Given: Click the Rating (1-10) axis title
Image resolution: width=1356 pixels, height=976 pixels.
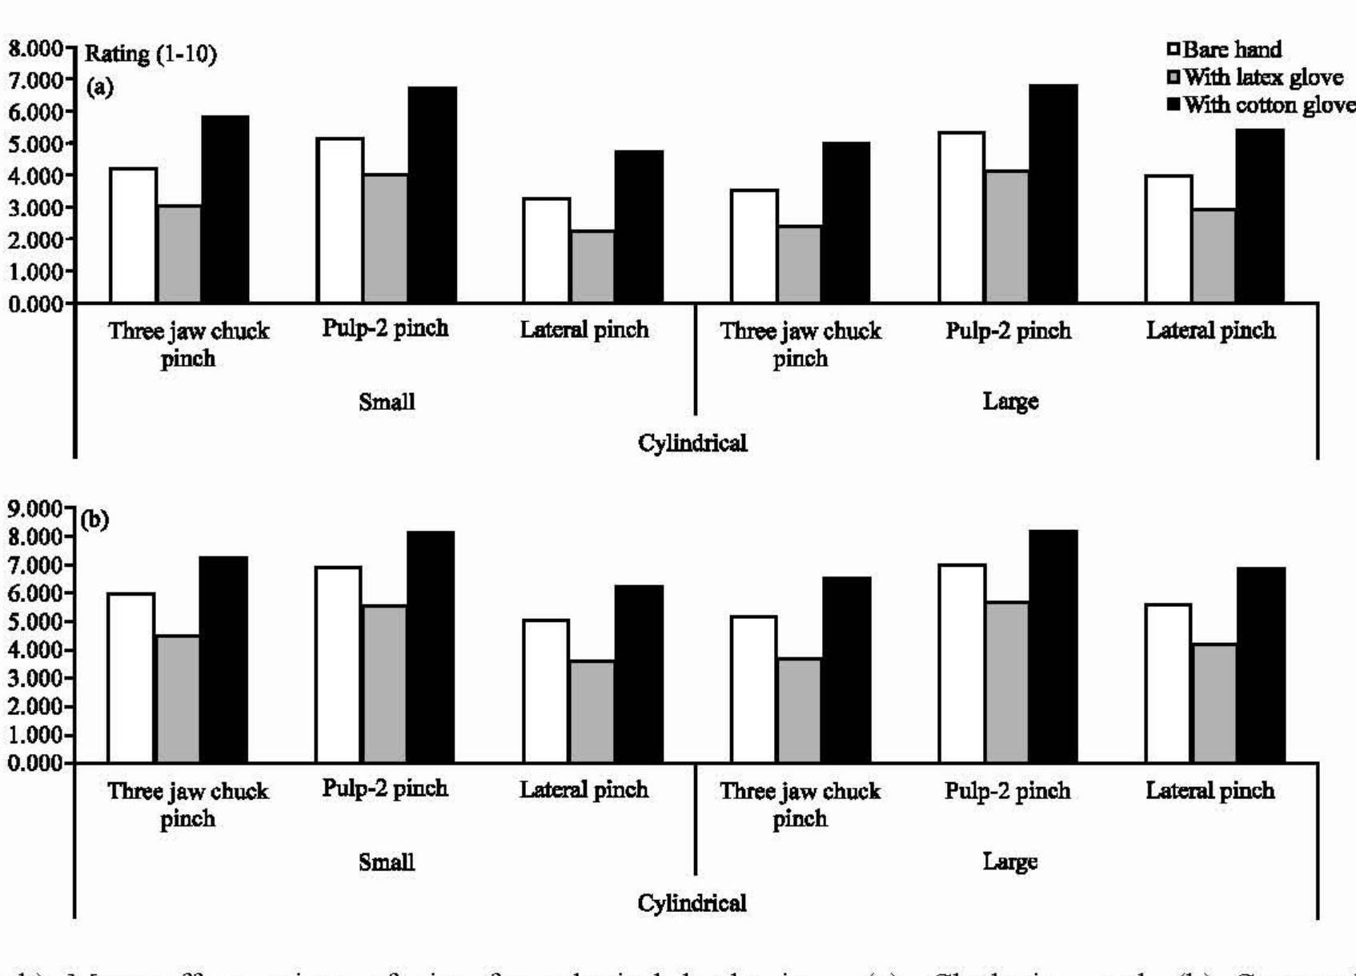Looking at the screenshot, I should point(150,54).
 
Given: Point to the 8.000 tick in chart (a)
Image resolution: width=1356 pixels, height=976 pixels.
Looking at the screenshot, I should point(35,48).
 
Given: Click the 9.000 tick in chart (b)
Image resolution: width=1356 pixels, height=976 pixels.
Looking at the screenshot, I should point(35,508).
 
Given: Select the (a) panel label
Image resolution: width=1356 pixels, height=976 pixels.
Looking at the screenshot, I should point(99,86).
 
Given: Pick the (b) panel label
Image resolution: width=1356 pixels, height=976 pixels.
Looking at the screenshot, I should point(94,520).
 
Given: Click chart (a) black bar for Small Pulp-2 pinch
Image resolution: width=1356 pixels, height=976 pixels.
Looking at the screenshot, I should point(432,195).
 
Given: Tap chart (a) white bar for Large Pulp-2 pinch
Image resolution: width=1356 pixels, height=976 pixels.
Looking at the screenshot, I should point(961,217).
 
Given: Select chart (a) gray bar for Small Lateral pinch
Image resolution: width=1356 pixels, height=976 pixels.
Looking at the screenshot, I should point(592,267).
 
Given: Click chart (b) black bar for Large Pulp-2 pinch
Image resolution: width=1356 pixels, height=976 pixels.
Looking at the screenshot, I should point(1053,646).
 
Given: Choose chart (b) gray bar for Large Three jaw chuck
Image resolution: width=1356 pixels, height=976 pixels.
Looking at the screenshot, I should point(799,710).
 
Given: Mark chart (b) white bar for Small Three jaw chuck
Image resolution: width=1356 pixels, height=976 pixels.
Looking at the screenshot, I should point(131,677).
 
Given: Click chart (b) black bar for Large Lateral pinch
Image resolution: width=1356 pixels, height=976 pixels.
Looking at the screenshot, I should point(1261,665).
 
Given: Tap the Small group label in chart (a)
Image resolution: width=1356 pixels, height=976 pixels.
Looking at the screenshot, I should point(387,402).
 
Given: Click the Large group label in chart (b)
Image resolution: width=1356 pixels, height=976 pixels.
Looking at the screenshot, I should point(1010,862).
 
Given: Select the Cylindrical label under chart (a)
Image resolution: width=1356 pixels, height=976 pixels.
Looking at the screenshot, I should point(692,443).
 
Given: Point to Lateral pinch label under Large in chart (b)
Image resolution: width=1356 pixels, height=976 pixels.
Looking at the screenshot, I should point(1210,791).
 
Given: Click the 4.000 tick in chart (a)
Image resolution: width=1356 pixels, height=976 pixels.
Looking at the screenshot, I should point(35,175).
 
